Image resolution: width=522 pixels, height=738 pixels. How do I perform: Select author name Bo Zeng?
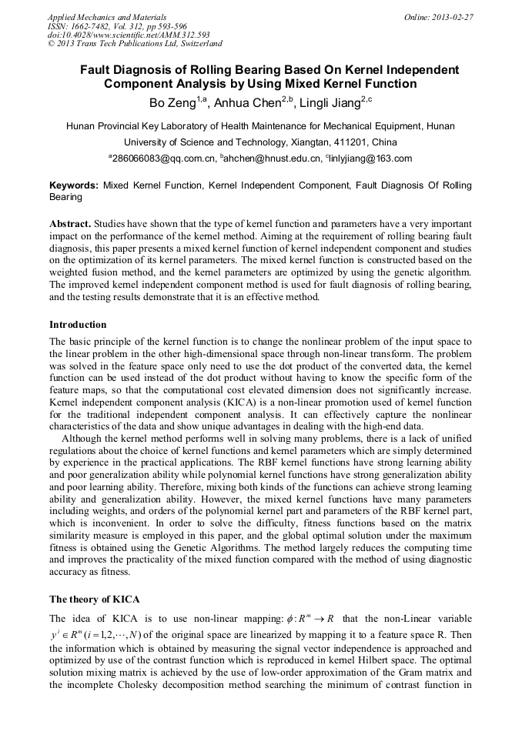tap(171, 102)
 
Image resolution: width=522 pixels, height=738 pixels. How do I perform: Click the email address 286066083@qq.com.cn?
tap(163, 159)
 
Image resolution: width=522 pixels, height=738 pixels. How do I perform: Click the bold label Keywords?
tap(74, 185)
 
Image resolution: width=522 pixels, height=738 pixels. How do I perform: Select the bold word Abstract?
tap(70, 222)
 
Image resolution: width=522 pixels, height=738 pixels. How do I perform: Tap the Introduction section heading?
tap(78, 325)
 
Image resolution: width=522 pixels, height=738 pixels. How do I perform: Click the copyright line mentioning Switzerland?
tap(135, 45)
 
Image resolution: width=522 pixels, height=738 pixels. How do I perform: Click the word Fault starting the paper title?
tap(97, 70)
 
